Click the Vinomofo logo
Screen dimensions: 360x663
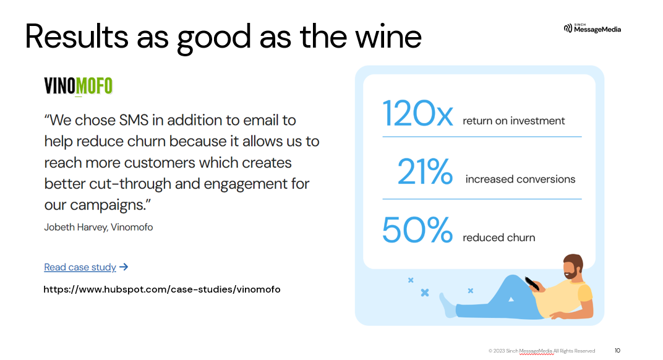point(78,86)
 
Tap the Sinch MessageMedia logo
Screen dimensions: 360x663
point(592,28)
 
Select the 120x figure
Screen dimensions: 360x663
point(418,113)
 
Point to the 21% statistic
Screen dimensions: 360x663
point(425,172)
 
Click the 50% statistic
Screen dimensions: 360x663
point(417,230)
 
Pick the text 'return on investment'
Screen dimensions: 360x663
point(513,121)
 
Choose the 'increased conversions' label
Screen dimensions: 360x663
point(520,179)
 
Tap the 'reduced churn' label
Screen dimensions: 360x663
point(498,238)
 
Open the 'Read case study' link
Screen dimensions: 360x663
point(80,267)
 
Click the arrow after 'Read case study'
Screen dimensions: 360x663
point(124,267)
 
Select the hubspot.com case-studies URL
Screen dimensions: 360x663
point(161,289)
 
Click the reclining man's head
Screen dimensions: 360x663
point(573,267)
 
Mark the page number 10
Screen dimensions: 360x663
point(617,351)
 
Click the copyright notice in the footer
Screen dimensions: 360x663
point(541,351)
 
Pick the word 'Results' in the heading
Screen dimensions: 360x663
point(77,36)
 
